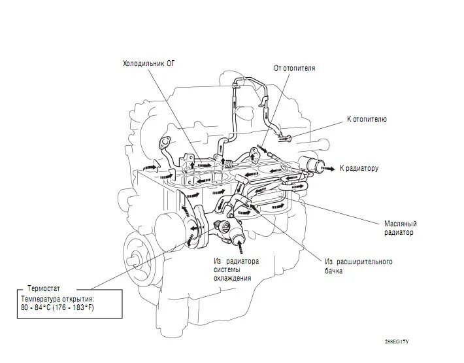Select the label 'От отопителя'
tap(294, 68)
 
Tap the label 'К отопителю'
tap(367, 120)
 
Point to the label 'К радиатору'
tap(359, 168)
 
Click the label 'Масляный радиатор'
tap(399, 227)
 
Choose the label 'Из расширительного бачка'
tap(358, 266)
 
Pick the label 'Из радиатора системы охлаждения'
tap(236, 269)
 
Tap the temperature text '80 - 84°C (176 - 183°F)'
tap(58, 307)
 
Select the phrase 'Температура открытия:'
tap(58, 298)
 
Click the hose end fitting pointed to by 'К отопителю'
tap(282, 137)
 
